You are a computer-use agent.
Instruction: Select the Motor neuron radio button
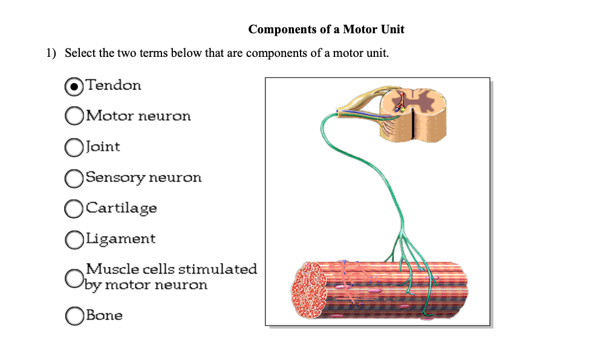pos(73,116)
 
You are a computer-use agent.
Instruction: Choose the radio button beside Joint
pos(73,147)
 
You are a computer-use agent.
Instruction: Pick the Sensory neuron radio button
pos(73,178)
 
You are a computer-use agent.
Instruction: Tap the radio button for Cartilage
pos(73,209)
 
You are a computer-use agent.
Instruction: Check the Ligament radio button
pos(73,240)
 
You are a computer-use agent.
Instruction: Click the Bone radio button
pos(73,316)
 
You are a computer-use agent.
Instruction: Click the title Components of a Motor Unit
pos(327,29)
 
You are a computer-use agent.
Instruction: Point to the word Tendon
pos(114,85)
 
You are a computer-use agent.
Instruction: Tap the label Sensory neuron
pos(143,177)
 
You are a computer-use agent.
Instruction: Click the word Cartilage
pos(121,208)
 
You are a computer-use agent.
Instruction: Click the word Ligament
pos(120,239)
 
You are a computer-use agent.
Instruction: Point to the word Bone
pos(104,315)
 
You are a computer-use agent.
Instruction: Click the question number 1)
pos(51,53)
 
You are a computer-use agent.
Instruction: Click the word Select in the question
pos(80,53)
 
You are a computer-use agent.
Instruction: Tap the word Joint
pos(103,146)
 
